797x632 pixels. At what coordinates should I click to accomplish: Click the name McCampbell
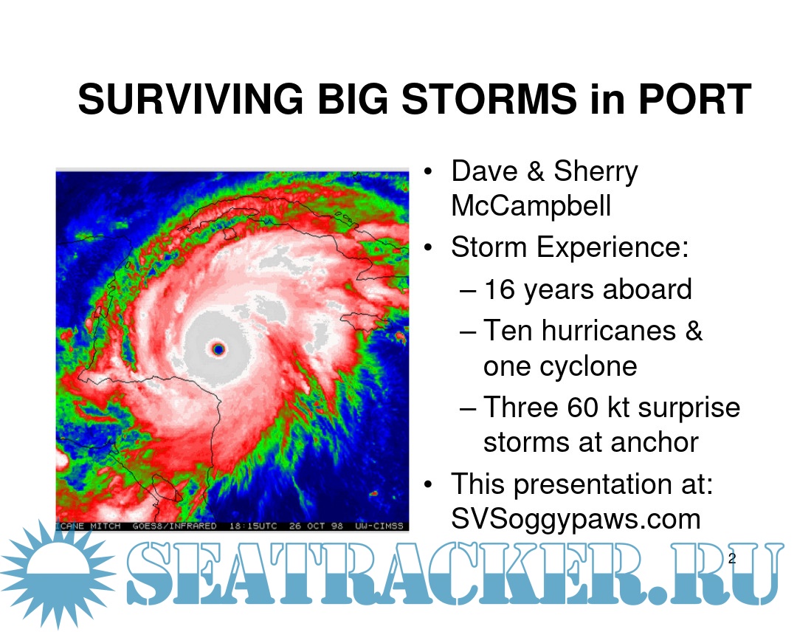(x=531, y=205)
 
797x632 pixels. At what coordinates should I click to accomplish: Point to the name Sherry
(x=596, y=172)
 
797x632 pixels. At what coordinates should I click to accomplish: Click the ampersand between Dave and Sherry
(x=536, y=171)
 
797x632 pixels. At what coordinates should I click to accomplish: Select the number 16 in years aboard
(x=500, y=289)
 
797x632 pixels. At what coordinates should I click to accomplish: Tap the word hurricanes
(x=608, y=331)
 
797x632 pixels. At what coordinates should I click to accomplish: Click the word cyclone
(x=560, y=365)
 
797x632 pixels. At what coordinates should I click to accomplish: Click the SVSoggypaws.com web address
(x=576, y=519)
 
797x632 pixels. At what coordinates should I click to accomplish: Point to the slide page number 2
(x=732, y=558)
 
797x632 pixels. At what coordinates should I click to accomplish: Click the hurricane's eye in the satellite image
(x=218, y=348)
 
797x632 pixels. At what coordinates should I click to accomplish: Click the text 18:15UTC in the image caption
(x=252, y=526)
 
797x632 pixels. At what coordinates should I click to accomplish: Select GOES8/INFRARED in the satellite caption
(x=174, y=526)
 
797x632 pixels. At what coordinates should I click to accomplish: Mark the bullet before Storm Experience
(x=428, y=247)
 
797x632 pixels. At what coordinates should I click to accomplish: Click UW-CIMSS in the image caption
(x=379, y=526)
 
